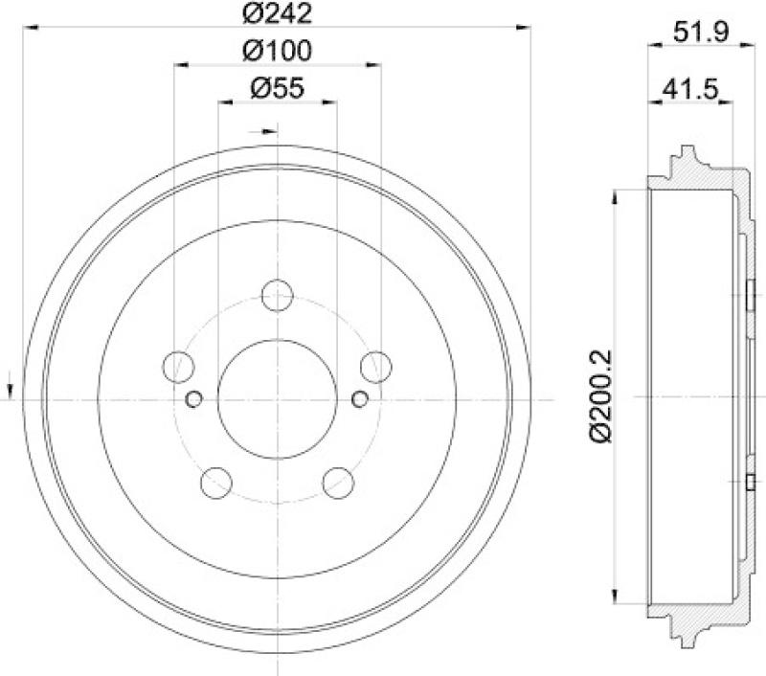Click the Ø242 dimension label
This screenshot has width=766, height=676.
[x=277, y=13]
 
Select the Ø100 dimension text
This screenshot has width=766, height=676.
[x=277, y=51]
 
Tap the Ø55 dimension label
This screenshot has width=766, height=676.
[x=277, y=88]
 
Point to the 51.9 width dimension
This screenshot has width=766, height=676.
[x=701, y=33]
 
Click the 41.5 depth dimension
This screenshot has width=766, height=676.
[x=690, y=89]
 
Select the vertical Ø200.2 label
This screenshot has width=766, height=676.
[x=600, y=396]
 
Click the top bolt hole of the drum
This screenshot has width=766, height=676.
[x=277, y=296]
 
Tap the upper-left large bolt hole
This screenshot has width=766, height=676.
[x=178, y=367]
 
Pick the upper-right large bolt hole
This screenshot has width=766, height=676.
[x=376, y=367]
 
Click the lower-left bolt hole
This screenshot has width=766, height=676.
[x=216, y=483]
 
